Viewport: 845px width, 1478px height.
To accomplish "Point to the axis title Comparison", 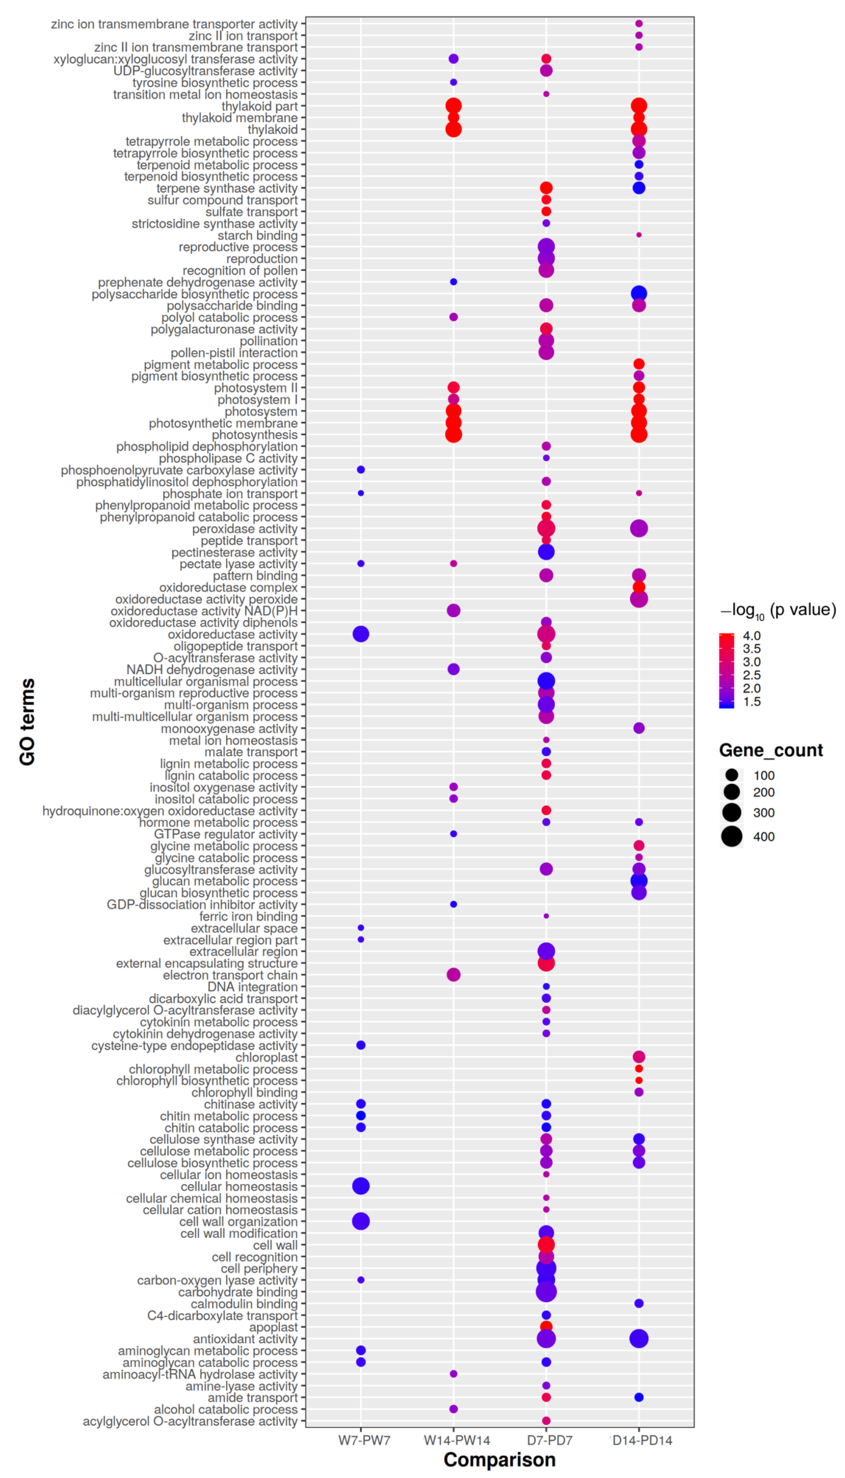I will coord(499,1459).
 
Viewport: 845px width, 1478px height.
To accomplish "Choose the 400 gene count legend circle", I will coord(732,836).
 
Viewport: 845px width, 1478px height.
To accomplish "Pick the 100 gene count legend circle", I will coord(732,775).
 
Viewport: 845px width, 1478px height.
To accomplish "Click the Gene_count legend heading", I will coord(771,750).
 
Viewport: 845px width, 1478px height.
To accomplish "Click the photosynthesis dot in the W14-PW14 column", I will coord(453,435).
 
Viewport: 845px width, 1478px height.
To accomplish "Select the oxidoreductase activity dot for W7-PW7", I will coord(360,634).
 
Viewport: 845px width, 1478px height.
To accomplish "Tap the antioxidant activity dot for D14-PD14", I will coord(638,1339).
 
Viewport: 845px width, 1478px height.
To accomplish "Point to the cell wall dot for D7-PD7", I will coord(545,1245).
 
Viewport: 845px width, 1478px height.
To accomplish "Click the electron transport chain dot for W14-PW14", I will coord(453,975).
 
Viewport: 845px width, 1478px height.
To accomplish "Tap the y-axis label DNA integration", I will coord(253,986).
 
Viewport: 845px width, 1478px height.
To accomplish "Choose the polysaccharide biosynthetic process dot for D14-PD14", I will coord(638,294).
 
